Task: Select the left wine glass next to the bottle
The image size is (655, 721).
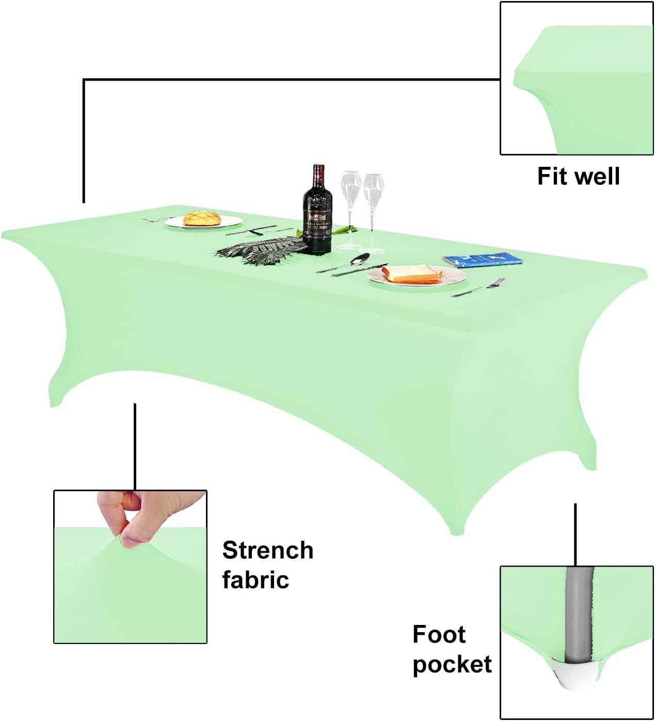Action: [x=350, y=207]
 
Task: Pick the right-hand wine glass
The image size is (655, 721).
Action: [x=373, y=209]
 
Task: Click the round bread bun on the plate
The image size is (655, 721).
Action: [x=202, y=217]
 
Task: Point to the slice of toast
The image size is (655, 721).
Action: [x=412, y=273]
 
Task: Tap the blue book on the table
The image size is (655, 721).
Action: [x=483, y=259]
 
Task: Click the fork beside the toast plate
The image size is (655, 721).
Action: [x=480, y=288]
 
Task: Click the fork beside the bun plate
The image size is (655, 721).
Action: [x=153, y=220]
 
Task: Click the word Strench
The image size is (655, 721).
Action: [x=267, y=551]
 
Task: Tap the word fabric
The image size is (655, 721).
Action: [x=255, y=579]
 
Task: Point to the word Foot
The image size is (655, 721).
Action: [x=439, y=634]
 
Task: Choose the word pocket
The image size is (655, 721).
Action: [x=452, y=664]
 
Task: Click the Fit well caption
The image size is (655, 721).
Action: [x=578, y=176]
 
